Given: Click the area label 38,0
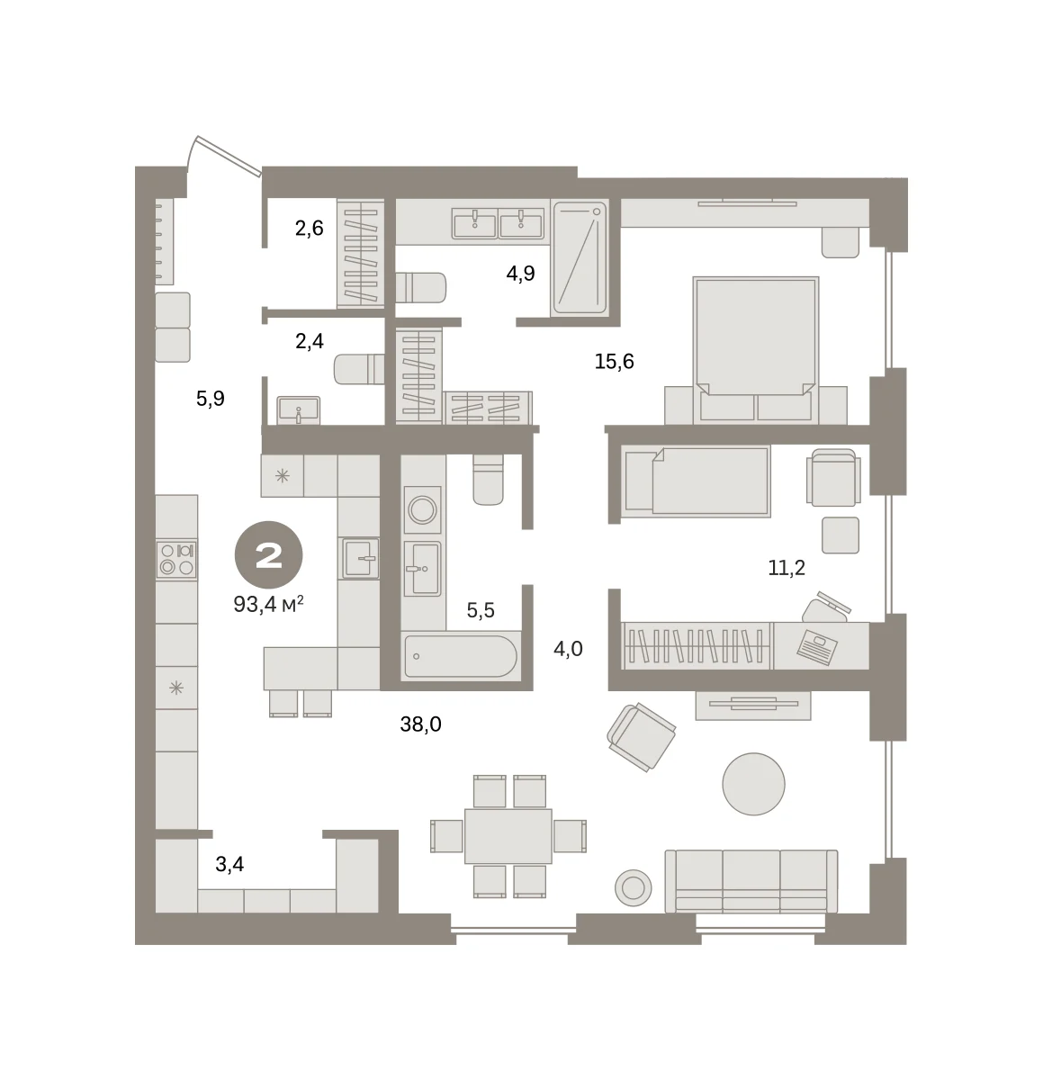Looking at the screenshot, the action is point(420,724).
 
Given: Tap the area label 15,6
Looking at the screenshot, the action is point(614,362).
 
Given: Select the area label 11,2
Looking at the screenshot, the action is point(786,568).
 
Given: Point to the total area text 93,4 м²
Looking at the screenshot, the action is point(268,604).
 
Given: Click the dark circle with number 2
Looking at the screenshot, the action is point(268,554).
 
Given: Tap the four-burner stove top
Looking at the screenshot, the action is point(176,559).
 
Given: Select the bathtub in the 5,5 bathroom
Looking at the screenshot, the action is point(461,656).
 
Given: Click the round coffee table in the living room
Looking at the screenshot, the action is point(753,784).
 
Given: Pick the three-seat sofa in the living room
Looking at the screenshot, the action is point(751,881).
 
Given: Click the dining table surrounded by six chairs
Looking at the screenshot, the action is point(508,836).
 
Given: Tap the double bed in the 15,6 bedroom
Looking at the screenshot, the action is point(755,349).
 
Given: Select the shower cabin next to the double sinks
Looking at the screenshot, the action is point(580,258).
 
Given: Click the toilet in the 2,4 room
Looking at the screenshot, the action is point(359,369).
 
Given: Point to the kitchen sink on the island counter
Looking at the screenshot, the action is point(360,558).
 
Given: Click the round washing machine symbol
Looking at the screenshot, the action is point(422,509).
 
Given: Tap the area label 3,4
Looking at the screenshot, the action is point(229,864).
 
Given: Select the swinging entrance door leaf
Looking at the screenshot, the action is point(228,156).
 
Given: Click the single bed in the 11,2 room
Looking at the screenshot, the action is point(696,481).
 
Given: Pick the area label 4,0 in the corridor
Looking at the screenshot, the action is point(568,649).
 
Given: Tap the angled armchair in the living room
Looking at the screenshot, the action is point(641,737).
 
